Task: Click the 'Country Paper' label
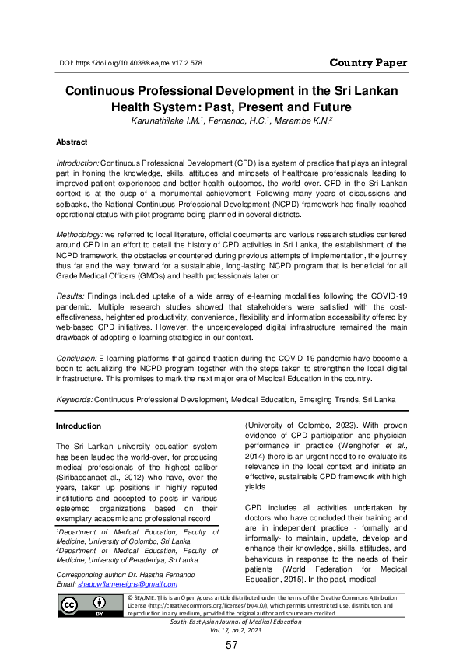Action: (365, 62)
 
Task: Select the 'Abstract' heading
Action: (72, 143)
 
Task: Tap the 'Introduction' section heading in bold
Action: (79, 426)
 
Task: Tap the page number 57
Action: (231, 646)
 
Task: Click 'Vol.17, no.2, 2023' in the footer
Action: (231, 630)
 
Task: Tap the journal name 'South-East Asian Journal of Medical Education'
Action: (231, 622)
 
